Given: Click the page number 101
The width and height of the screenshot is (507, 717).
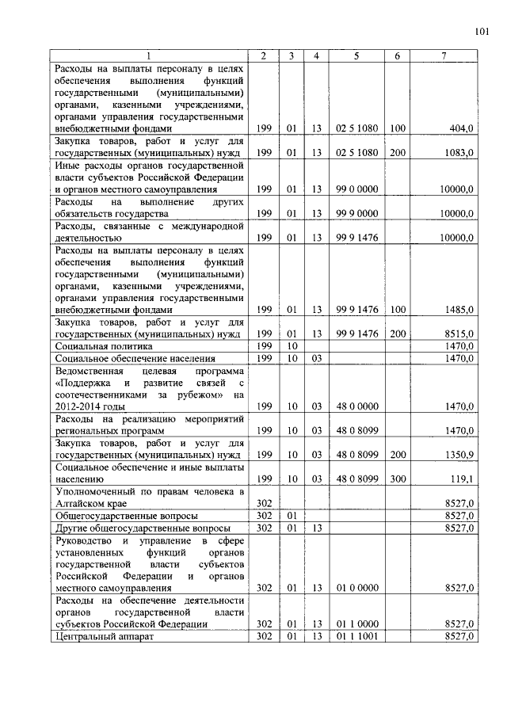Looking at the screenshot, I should [x=482, y=32].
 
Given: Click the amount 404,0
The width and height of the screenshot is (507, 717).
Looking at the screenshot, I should [x=461, y=128].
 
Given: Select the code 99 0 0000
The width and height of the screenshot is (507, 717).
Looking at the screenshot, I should [x=356, y=189].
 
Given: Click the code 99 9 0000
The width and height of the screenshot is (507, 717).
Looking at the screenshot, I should [x=356, y=213].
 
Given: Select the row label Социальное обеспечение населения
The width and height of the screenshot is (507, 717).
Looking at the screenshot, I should [x=129, y=358].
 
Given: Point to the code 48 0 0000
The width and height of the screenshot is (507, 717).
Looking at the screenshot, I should [x=356, y=406].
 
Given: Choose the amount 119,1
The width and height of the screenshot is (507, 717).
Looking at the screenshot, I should [x=462, y=479].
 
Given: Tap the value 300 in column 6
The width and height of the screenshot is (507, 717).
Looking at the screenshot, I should [x=398, y=479].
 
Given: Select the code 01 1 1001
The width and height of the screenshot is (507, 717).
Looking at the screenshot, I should [x=356, y=636].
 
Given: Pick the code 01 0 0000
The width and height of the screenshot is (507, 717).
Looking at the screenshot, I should [x=356, y=588].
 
